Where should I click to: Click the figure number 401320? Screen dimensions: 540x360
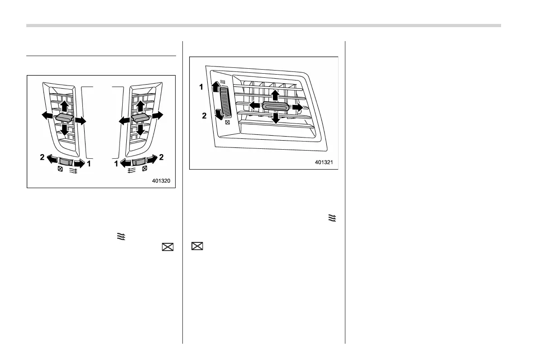click(161, 181)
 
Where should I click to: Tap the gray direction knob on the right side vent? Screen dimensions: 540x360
click(140, 118)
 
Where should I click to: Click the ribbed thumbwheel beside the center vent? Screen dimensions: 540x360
click(225, 103)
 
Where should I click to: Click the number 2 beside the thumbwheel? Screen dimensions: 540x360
click(204, 116)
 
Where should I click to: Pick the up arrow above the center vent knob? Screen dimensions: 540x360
click(275, 95)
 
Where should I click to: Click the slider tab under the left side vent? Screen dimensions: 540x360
click(66, 162)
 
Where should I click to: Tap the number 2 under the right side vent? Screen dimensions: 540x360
click(161, 157)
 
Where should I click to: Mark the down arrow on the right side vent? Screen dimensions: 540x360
click(140, 130)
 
